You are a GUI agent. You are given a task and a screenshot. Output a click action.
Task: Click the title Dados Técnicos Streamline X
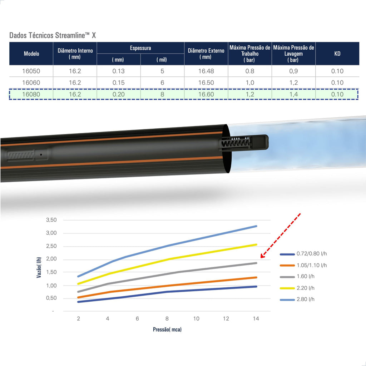53,35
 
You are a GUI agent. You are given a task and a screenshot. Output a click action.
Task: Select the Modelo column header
31,54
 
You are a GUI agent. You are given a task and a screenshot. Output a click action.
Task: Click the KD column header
337,54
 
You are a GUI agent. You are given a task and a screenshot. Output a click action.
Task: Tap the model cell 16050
31,71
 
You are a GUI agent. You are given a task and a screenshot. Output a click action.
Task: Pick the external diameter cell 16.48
206,71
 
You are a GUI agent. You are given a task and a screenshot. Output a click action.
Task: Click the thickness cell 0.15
119,83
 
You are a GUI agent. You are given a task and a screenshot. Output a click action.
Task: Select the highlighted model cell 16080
31,94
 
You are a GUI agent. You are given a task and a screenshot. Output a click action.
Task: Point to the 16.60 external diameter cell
206,94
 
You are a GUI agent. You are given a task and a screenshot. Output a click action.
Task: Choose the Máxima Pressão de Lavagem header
293,54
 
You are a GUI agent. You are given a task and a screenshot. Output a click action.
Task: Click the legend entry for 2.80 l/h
297,299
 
